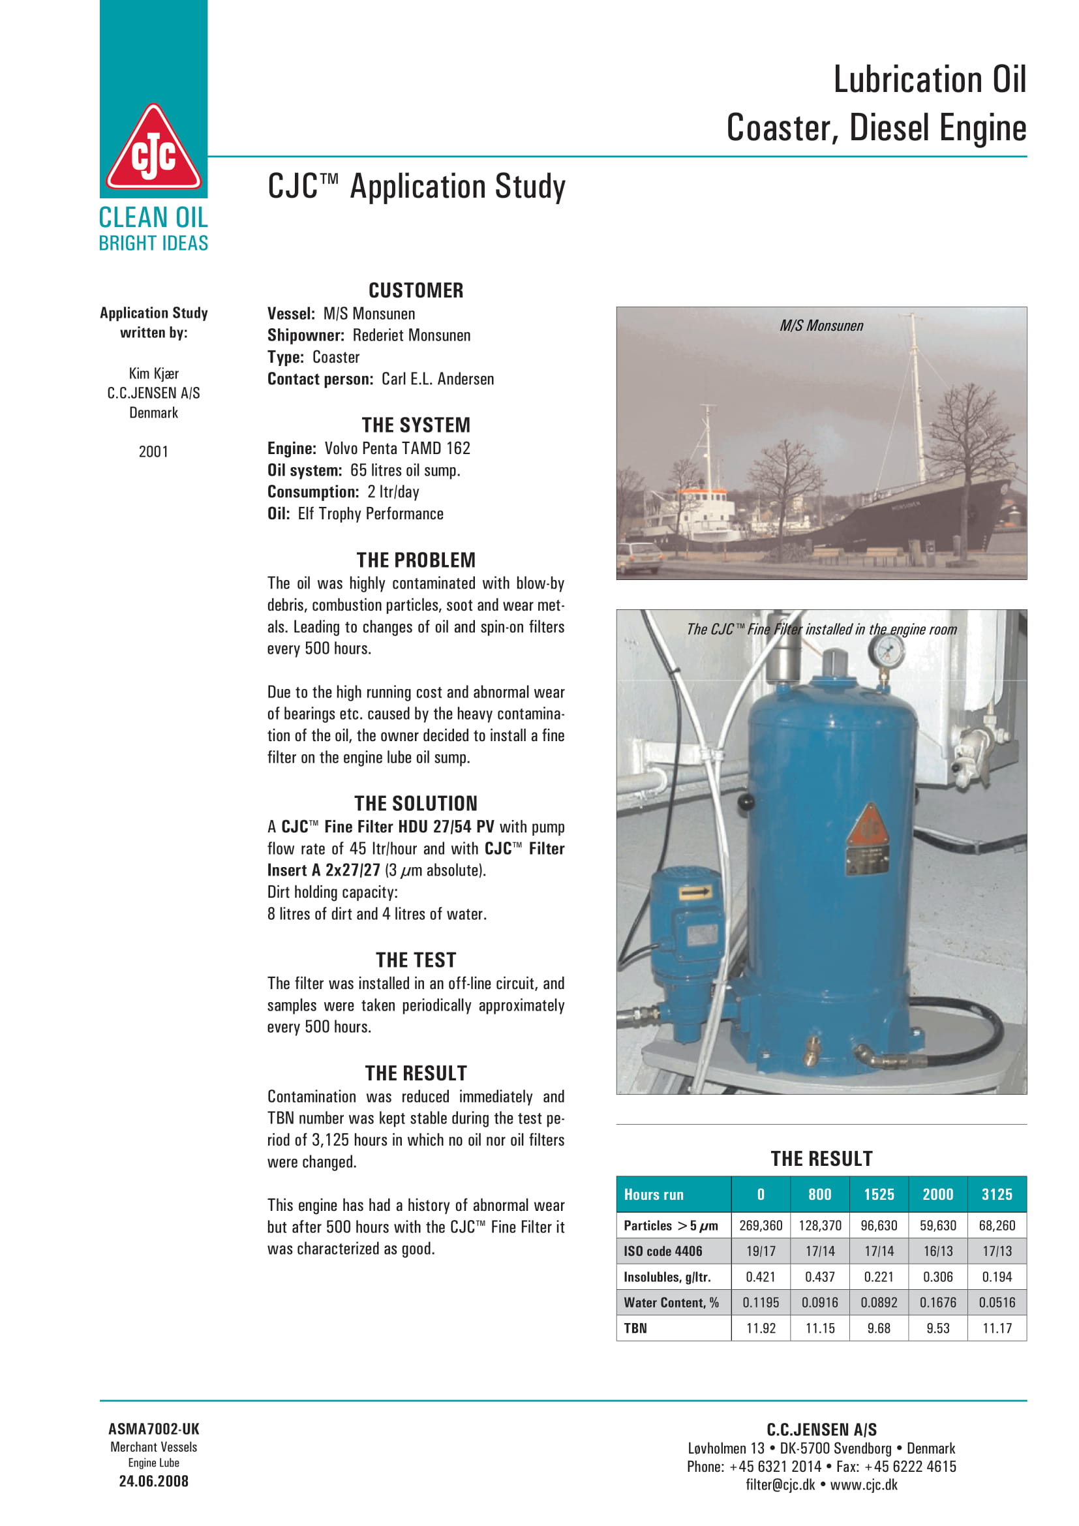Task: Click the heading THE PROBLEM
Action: click(x=416, y=560)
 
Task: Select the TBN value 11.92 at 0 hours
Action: click(x=761, y=1328)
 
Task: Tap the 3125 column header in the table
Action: click(x=997, y=1195)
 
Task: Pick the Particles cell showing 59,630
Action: click(x=937, y=1225)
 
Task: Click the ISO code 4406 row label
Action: click(x=662, y=1251)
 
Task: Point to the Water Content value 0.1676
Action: click(x=937, y=1302)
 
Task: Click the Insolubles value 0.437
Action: click(x=819, y=1277)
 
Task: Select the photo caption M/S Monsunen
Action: click(x=821, y=326)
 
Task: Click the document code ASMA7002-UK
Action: click(x=153, y=1429)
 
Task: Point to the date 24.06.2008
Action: click(x=153, y=1481)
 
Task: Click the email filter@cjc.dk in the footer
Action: click(x=780, y=1485)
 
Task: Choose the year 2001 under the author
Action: click(x=153, y=452)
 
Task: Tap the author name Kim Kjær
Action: click(x=153, y=374)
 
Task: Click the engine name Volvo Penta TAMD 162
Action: click(x=397, y=449)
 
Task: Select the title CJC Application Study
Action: click(x=417, y=187)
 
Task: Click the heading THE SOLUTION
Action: click(x=416, y=804)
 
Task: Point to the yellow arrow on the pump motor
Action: click(x=695, y=893)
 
